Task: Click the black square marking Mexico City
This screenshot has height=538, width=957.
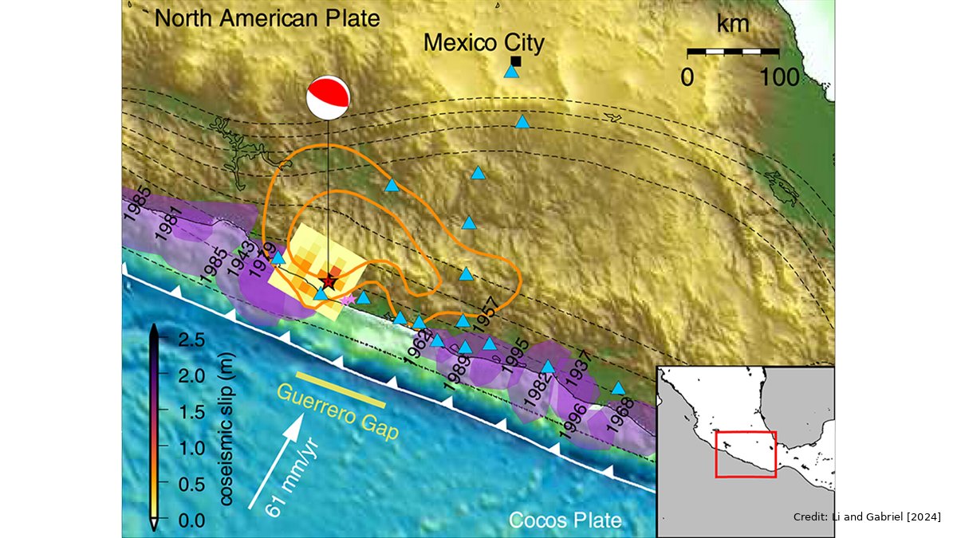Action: tap(516, 61)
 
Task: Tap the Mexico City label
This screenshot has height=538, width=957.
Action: tap(483, 42)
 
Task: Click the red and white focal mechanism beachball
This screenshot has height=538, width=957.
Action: tap(328, 98)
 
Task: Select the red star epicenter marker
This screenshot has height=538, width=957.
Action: tap(328, 281)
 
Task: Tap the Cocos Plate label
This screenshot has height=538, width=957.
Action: tap(565, 521)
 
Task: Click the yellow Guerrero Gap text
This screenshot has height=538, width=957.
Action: tap(339, 411)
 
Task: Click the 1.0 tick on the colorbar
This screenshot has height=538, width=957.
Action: tap(184, 448)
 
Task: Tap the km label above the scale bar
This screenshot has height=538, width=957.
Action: tap(733, 24)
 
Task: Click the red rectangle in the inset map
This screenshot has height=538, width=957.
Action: tap(746, 454)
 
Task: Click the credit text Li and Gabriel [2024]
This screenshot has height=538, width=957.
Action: tap(866, 518)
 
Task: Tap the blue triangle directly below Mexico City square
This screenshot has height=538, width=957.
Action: tap(511, 72)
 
